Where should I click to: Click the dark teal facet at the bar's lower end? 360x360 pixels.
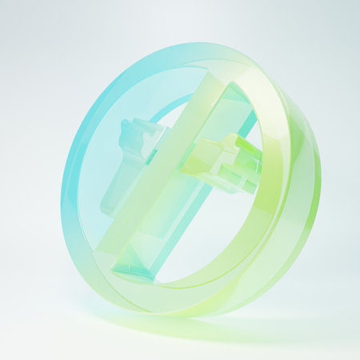click(132, 268)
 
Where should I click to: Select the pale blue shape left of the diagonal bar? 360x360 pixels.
click(128, 172)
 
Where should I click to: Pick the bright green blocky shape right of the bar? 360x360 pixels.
click(228, 160)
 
